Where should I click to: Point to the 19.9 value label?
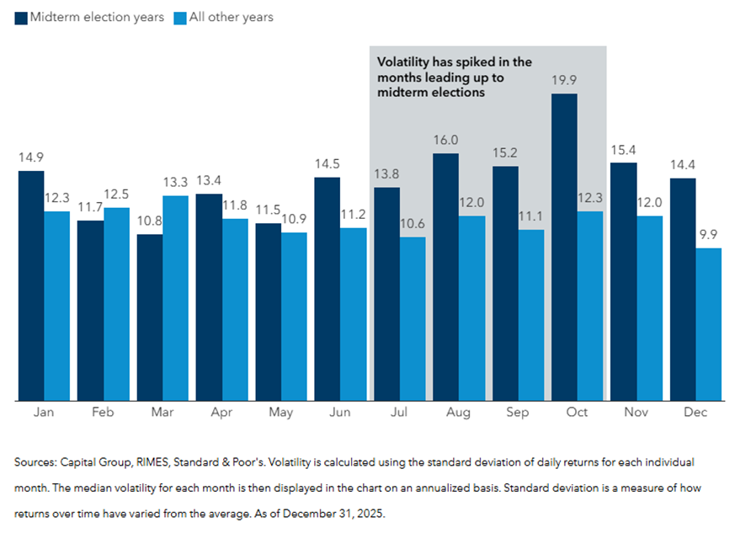click(565, 81)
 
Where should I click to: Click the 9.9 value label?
click(710, 235)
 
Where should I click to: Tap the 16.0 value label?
click(447, 141)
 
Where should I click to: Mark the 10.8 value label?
click(150, 221)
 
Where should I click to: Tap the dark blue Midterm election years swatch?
click(21, 17)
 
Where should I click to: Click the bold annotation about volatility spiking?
click(455, 77)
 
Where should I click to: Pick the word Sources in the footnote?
click(36, 463)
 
